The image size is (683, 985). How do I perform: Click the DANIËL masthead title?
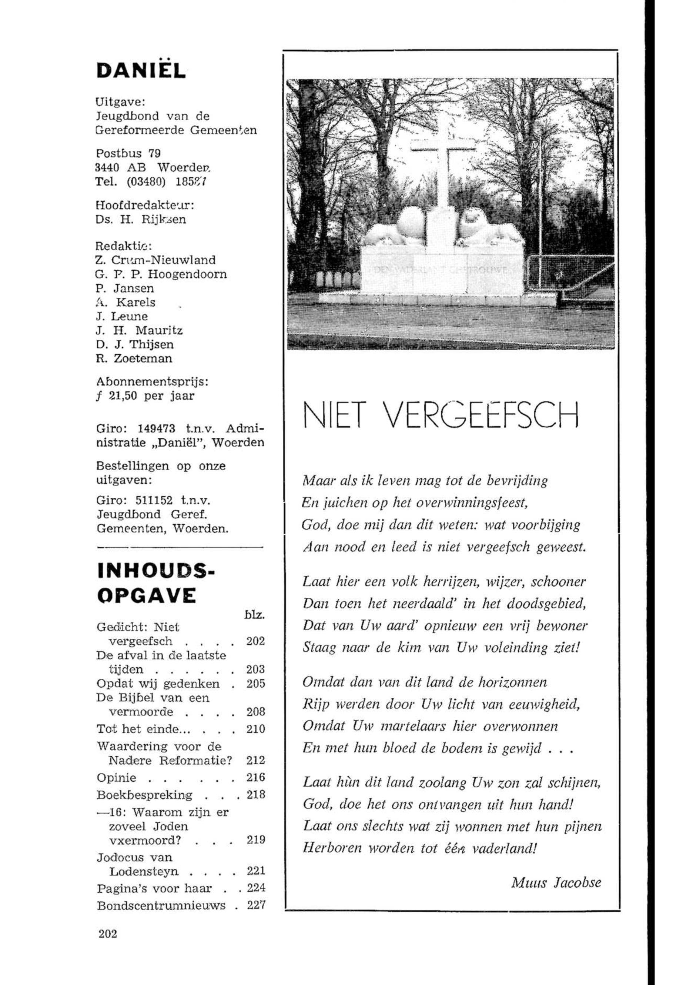pos(141,69)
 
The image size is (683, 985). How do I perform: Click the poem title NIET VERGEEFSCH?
pos(441,414)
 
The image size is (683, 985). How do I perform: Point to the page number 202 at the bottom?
pos(107,934)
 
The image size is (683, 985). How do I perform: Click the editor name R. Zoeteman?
pos(134,358)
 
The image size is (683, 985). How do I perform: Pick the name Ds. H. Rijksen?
pos(141,220)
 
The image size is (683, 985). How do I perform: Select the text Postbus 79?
pos(128,153)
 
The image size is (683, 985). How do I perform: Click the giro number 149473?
pos(156,428)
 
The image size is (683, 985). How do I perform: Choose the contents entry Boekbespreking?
pos(145,795)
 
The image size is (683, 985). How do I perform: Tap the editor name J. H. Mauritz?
pos(140,330)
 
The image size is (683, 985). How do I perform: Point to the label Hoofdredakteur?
pos(145,206)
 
